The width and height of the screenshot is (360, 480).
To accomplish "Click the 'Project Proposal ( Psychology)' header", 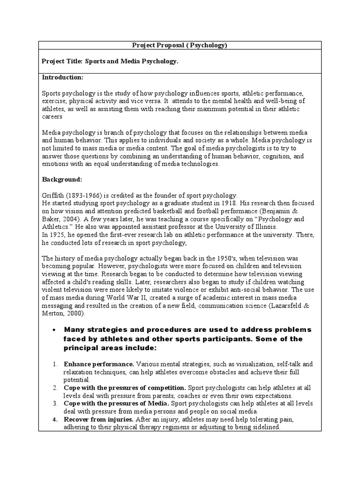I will [x=180, y=45].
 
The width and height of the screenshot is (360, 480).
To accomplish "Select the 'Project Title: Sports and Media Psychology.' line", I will [x=110, y=61].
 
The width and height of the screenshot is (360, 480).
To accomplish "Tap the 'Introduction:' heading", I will [x=63, y=76].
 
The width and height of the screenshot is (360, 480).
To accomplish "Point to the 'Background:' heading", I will [x=62, y=179].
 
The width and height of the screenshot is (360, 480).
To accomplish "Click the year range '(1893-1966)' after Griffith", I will [x=84, y=195].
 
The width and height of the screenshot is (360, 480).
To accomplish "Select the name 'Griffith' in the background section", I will [x=52, y=195].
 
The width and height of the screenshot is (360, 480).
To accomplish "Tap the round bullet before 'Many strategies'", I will [x=56, y=330].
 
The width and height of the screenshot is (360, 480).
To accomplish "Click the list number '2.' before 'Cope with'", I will [x=55, y=387].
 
